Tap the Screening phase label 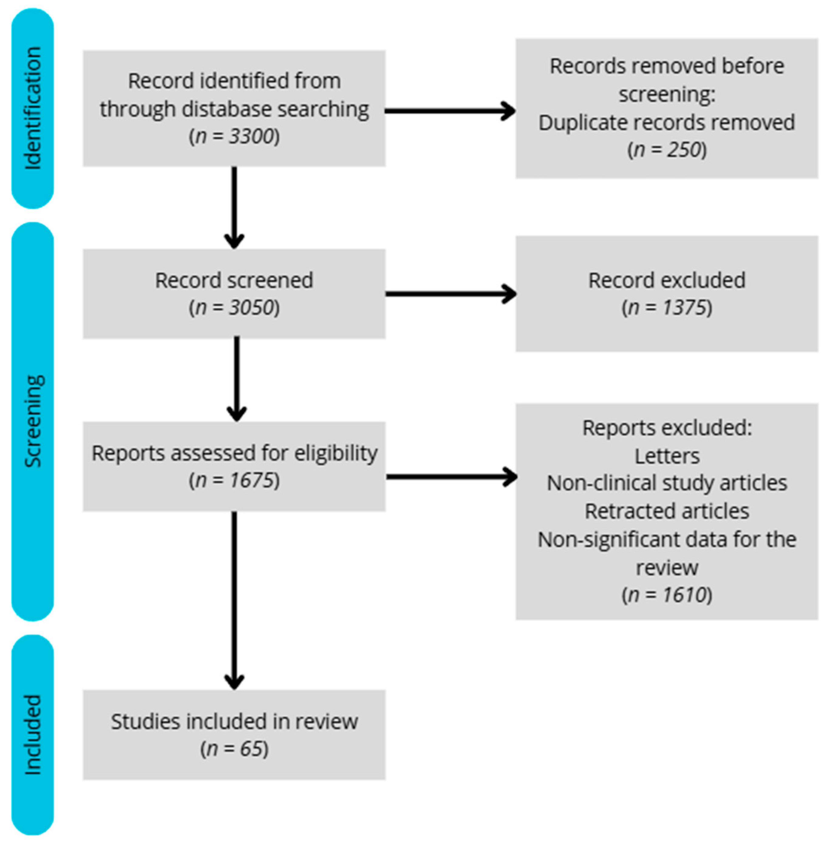coord(33,421)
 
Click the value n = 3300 coord(234,137)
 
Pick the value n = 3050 coord(234,308)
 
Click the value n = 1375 coord(666,308)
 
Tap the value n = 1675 coord(234,480)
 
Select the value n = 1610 coord(666,595)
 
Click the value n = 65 coord(234,749)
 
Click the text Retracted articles coord(666,511)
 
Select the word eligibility coord(335,453)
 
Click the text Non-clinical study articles coord(666,483)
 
